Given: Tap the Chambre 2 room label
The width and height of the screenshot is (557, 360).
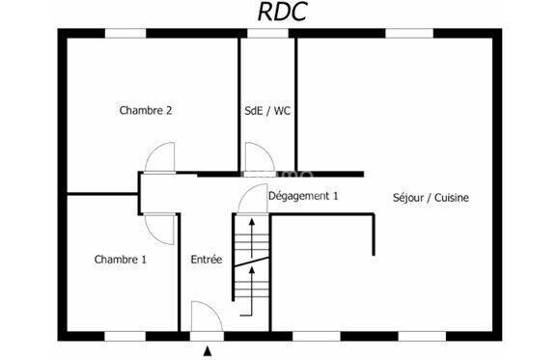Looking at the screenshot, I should (146, 110).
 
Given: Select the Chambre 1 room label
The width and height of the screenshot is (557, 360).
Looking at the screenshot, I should (121, 259).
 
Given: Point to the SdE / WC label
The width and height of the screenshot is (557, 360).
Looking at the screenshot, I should (267, 110).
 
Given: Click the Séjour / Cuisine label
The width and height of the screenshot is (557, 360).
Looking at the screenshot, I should (431, 198).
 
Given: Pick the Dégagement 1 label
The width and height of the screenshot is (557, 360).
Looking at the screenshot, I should (303, 196).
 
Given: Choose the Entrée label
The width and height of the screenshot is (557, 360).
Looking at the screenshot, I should (207, 260).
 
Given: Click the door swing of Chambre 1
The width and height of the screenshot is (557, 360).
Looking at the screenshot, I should (158, 226).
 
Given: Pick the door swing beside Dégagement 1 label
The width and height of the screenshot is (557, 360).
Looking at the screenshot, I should (252, 198).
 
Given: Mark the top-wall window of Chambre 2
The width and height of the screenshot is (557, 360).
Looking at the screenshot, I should (125, 34).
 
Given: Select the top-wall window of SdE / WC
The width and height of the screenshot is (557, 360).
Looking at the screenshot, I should (267, 34).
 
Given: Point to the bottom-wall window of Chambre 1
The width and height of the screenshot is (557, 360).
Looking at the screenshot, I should (125, 336).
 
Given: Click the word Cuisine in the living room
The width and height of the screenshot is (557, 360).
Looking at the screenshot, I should (451, 198).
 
